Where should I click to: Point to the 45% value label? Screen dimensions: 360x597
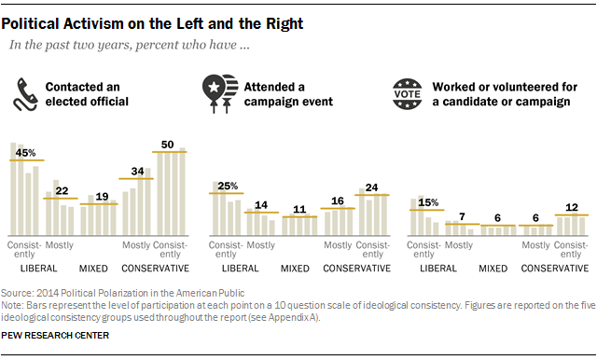28,153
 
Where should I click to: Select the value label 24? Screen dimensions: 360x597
371,187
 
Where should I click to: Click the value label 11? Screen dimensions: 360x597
299,210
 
